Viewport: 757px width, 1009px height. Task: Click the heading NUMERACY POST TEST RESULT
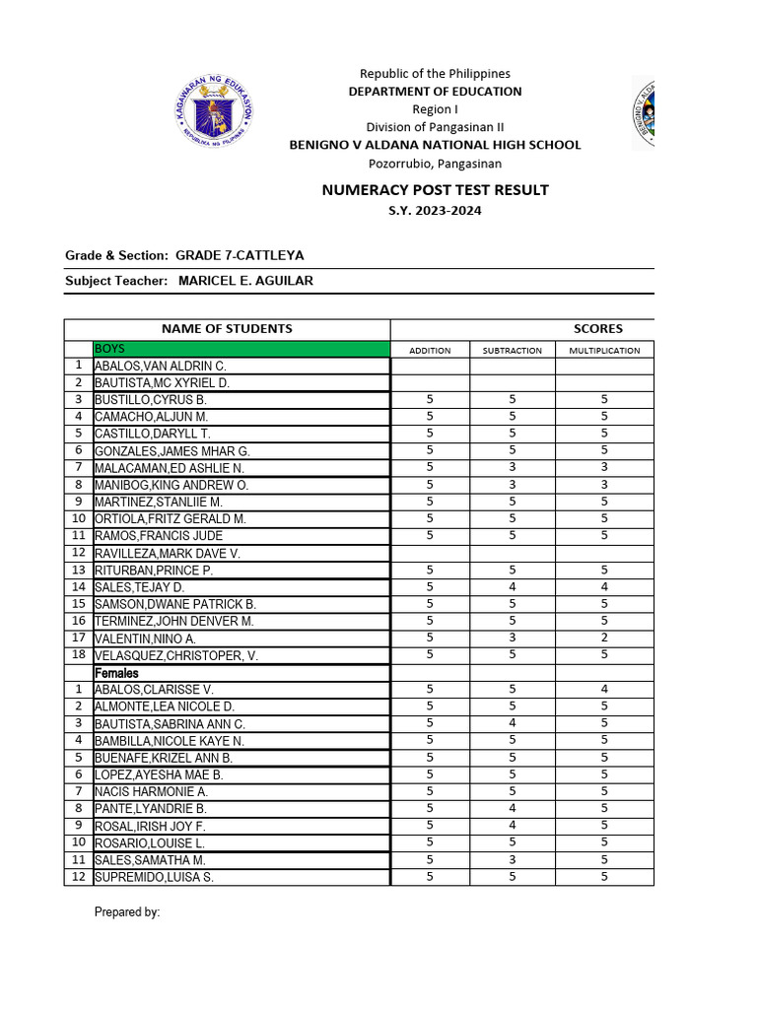pyautogui.click(x=435, y=190)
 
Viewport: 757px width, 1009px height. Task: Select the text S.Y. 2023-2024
pyautogui.click(x=435, y=211)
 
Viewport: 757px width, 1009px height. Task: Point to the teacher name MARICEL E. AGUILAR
pyautogui.click(x=245, y=281)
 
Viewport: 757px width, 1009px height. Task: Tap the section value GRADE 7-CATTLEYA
pyautogui.click(x=240, y=255)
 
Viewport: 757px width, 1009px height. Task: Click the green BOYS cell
pyautogui.click(x=241, y=349)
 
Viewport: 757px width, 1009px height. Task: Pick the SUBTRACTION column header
pyautogui.click(x=512, y=350)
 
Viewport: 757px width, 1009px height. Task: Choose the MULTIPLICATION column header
pyautogui.click(x=604, y=350)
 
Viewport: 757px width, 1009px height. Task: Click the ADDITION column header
pyautogui.click(x=430, y=350)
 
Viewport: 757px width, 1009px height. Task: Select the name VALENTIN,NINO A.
pyautogui.click(x=145, y=639)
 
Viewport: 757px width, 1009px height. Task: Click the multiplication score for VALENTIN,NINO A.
pyautogui.click(x=604, y=638)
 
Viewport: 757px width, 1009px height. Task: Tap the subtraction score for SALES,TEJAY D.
pyautogui.click(x=512, y=586)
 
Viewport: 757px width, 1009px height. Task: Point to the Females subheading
pyautogui.click(x=117, y=672)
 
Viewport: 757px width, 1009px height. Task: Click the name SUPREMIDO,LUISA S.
pyautogui.click(x=154, y=877)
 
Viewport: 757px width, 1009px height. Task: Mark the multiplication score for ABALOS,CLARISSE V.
pyautogui.click(x=604, y=689)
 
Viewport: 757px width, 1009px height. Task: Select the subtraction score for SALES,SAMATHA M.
pyautogui.click(x=512, y=859)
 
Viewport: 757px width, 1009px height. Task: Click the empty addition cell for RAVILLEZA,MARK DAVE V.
pyautogui.click(x=430, y=553)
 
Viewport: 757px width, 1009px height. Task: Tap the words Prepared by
pyautogui.click(x=127, y=912)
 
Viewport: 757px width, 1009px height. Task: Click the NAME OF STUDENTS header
pyautogui.click(x=227, y=329)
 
